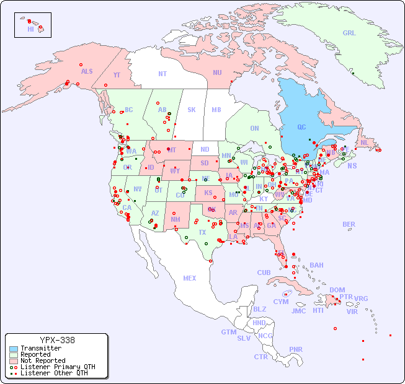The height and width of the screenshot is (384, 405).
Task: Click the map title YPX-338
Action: click(57, 340)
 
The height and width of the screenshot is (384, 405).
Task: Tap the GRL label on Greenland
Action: click(349, 33)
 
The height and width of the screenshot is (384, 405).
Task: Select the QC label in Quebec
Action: click(301, 128)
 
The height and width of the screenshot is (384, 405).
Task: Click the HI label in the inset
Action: click(30, 29)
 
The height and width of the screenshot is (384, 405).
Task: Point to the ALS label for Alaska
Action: click(87, 71)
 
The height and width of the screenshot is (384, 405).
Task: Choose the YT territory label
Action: click(117, 75)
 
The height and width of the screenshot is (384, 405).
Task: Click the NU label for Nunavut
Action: click(217, 72)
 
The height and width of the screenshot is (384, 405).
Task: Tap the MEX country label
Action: click(190, 278)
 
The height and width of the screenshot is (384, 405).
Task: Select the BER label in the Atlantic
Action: click(349, 224)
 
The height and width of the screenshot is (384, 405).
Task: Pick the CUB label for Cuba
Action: click(264, 273)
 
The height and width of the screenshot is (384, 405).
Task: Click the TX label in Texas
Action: click(202, 232)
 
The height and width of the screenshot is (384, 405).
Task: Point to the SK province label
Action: click(192, 110)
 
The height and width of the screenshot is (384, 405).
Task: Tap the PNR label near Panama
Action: click(296, 349)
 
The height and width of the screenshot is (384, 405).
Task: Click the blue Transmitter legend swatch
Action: click(13, 348)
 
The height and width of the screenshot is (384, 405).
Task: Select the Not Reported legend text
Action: click(43, 360)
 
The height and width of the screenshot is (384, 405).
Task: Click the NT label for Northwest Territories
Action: click(162, 74)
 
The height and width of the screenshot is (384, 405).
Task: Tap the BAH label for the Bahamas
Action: click(316, 265)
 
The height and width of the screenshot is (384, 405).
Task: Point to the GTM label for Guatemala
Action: click(228, 332)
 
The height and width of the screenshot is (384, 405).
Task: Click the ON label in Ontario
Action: click(254, 128)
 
